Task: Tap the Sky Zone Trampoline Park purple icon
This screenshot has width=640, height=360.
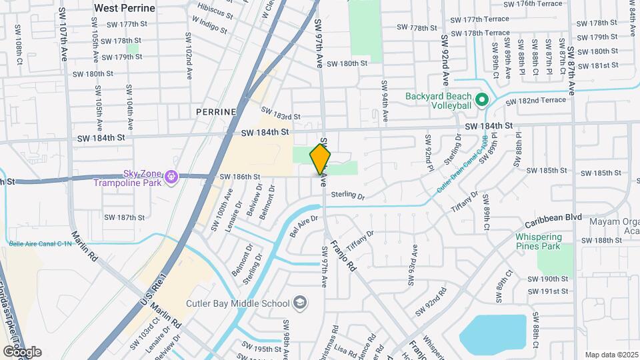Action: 171,177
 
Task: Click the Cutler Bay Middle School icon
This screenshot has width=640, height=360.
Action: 301,303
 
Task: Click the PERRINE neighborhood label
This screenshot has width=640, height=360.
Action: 217,112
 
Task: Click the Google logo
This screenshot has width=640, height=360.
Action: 21,351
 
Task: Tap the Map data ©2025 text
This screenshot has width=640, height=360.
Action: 611,355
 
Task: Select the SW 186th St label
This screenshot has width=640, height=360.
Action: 239,177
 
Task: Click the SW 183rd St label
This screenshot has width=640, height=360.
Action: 281,114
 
